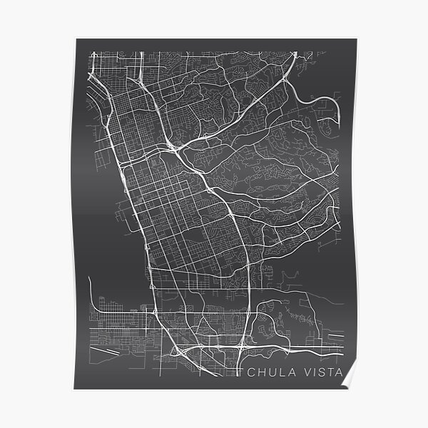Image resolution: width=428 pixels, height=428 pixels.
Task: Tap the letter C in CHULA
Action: click(x=250, y=372)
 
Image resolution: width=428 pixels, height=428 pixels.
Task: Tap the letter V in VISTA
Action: click(x=302, y=372)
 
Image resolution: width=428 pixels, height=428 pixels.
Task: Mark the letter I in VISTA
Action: click(x=310, y=372)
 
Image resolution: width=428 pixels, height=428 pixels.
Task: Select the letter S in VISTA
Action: click(x=318, y=372)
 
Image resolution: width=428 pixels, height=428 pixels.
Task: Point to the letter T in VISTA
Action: click(x=328, y=372)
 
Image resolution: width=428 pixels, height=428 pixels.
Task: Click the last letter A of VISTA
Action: click(x=338, y=372)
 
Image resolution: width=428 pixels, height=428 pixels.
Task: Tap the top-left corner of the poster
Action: click(x=74, y=39)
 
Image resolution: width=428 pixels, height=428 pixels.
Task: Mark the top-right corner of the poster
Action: click(x=354, y=39)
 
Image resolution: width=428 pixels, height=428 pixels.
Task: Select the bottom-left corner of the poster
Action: click(x=74, y=389)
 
